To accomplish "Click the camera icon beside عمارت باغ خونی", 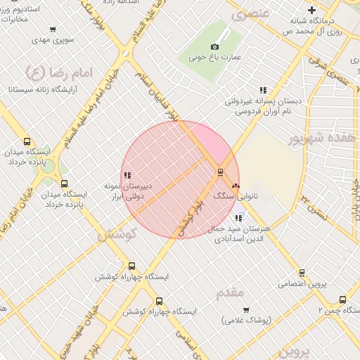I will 214,47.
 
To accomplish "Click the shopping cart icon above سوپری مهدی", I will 53,30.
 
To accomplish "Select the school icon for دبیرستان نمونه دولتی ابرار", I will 127,176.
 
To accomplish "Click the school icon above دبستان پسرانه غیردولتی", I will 263,90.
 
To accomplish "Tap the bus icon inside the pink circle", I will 220,172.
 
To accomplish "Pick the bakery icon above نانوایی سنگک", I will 235,186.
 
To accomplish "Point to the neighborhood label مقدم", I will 230,291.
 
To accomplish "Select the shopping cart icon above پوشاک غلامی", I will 246,309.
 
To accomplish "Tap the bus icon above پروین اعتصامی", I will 302,273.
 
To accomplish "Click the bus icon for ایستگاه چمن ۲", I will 343,299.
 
